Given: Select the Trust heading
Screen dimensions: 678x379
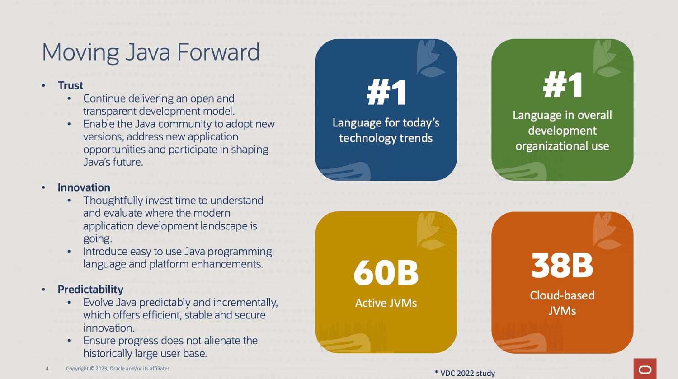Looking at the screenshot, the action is pos(70,85).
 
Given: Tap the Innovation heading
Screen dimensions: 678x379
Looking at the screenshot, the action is pos(84,187).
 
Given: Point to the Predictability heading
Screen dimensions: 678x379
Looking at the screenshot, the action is pos(90,290).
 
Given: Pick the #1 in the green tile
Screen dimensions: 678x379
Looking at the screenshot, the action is pos(563,84).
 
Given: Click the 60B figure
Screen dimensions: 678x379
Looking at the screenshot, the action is pos(386,273).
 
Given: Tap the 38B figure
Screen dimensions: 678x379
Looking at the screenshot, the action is pos(562,265).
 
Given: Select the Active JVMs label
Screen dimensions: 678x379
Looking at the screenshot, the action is pos(386,303).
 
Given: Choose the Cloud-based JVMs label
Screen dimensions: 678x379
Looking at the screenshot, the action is pos(562,303).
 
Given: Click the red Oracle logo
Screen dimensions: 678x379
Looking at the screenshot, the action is pos(645,369).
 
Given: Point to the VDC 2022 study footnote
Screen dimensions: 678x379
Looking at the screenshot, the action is pos(465,373).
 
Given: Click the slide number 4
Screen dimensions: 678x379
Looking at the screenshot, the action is pos(47,369).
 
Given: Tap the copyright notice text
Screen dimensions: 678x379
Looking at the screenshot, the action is pos(118,369).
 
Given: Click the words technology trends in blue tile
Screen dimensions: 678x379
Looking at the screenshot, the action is pos(386,138).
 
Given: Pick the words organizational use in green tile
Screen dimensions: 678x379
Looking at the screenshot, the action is pos(562,146).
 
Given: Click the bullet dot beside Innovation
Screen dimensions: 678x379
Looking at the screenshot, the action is pos(43,188).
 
